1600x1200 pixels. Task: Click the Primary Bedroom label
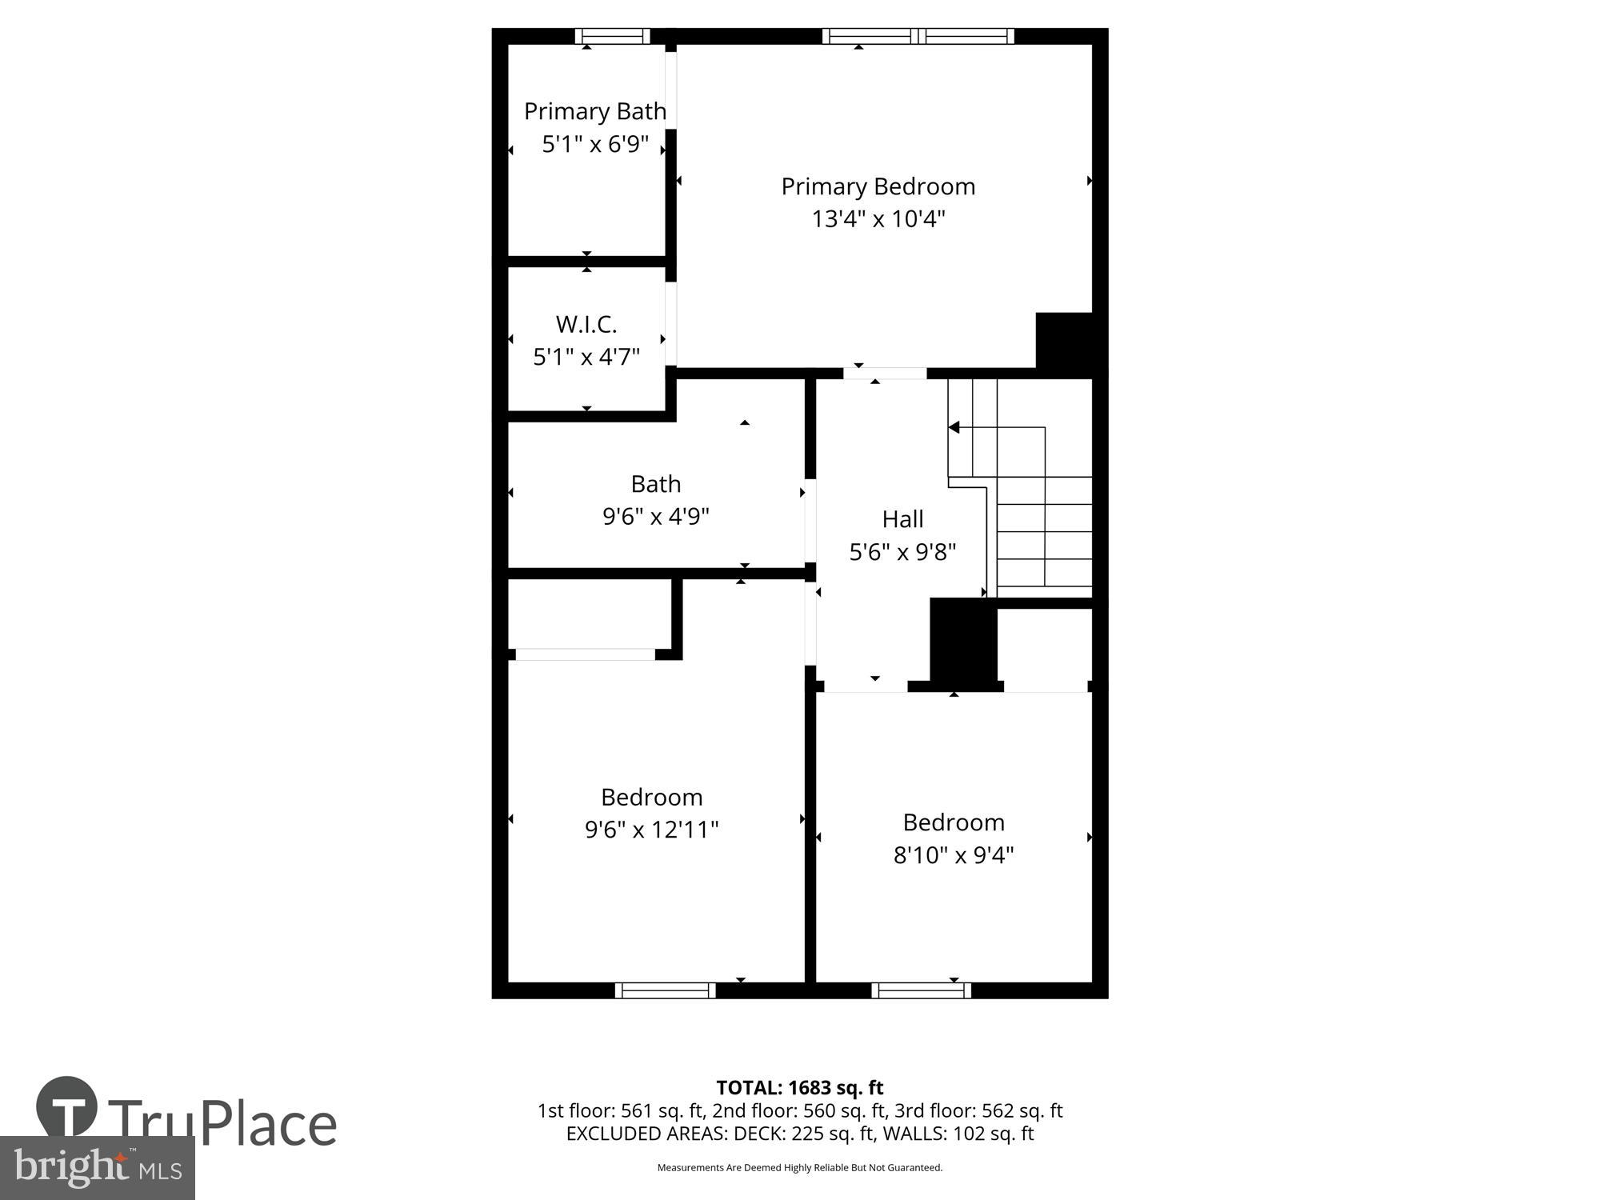[878, 186]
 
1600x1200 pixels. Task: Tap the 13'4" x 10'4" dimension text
[878, 218]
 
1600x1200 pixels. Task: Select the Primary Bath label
[594, 111]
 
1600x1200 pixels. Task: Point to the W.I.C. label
[586, 324]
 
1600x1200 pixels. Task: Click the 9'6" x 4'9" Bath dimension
[656, 516]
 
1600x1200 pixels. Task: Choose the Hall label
[902, 519]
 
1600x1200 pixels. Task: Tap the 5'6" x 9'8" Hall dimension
[902, 552]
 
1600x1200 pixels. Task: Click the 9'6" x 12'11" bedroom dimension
[651, 830]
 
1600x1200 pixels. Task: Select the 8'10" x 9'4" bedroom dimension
[954, 855]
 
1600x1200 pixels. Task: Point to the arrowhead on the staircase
[954, 428]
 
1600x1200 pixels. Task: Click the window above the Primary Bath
[612, 36]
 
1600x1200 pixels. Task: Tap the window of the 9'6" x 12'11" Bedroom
[665, 990]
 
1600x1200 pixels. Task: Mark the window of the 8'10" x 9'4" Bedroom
[921, 990]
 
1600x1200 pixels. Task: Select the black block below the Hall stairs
[963, 640]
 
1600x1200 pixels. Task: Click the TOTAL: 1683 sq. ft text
[799, 1088]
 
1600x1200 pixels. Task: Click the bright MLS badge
[97, 1168]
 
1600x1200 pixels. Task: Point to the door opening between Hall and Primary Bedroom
[885, 374]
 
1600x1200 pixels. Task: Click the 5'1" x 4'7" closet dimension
[586, 357]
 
